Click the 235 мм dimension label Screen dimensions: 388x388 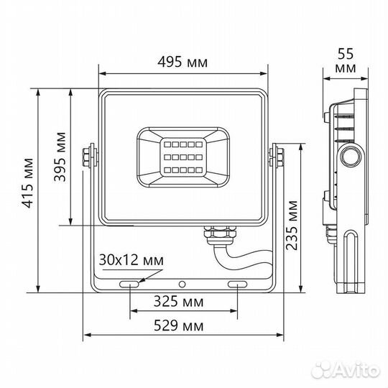click(x=292, y=224)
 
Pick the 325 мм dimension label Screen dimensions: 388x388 click(x=183, y=300)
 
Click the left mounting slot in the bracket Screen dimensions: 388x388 click(x=131, y=285)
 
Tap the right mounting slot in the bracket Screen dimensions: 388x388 click(x=236, y=285)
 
